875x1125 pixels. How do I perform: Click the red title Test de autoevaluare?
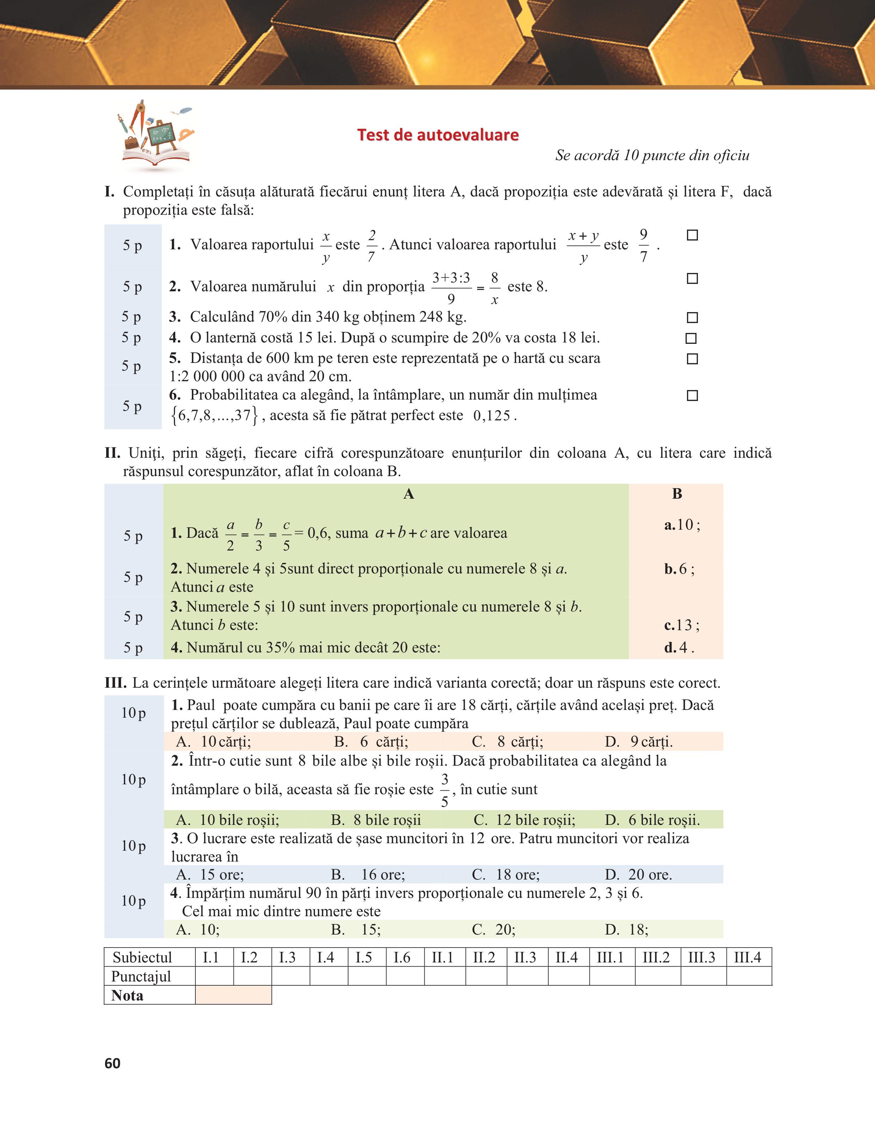coord(438,135)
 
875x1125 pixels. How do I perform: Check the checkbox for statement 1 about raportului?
coord(693,236)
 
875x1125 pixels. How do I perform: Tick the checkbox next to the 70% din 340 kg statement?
coord(693,317)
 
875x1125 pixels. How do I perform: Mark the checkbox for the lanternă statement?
coord(691,339)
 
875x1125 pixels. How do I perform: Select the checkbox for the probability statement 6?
coord(693,396)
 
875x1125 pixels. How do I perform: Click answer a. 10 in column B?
coord(682,525)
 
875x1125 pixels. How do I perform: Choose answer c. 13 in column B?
coord(681,625)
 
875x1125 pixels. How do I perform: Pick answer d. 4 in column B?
coord(679,647)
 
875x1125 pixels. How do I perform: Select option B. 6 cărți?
coord(371,742)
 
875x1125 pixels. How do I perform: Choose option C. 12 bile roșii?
coord(524,820)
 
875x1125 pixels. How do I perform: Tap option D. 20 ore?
coord(639,874)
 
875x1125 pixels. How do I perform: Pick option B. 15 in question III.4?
coord(356,929)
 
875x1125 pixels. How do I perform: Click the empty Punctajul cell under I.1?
coord(214,976)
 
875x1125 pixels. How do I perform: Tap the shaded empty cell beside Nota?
coord(233,995)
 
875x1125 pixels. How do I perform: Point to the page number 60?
coord(112,1063)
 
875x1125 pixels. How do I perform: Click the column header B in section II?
coord(677,494)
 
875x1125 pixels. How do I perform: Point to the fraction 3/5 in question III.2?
coord(444,790)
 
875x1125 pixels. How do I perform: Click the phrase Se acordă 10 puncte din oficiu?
coord(652,156)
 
